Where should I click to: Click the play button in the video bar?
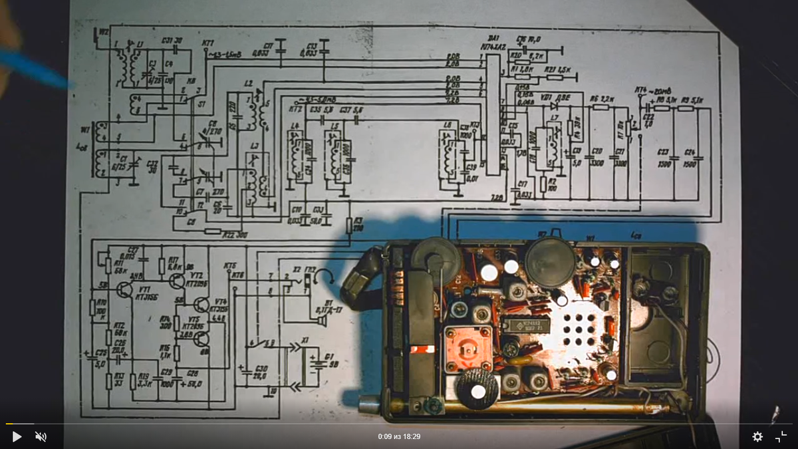(x=17, y=436)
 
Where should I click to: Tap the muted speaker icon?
(x=41, y=436)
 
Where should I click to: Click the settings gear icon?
(x=757, y=436)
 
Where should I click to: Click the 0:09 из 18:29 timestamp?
(x=399, y=436)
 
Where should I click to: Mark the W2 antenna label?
(x=103, y=31)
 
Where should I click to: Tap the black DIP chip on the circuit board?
(x=525, y=325)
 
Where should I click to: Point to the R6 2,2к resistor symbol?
(x=600, y=106)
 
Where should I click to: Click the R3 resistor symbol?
(x=348, y=226)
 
